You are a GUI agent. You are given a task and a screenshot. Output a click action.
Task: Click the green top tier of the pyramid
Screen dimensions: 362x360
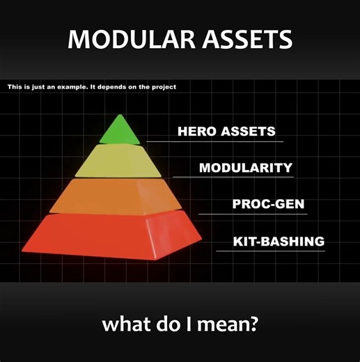pyautogui.click(x=120, y=132)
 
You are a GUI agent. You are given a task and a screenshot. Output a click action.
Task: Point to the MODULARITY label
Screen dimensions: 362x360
pyautogui.click(x=245, y=168)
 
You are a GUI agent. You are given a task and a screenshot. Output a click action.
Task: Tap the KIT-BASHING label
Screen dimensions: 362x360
pyautogui.click(x=279, y=242)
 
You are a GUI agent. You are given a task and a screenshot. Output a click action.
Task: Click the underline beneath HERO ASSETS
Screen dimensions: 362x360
pyautogui.click(x=216, y=141)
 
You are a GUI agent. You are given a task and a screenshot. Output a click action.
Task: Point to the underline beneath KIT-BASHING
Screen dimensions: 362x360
pyautogui.click(x=272, y=251)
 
